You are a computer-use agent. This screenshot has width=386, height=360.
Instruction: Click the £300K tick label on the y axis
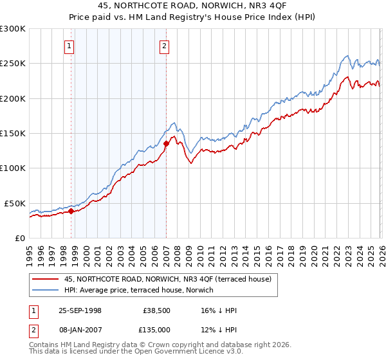click(13, 29)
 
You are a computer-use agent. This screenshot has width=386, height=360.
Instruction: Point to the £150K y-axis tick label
click(13, 134)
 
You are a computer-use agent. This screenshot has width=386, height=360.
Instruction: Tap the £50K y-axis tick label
click(15, 203)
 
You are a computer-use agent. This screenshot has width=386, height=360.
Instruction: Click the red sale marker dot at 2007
click(166, 144)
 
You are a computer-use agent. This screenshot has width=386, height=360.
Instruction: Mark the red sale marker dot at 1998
click(71, 211)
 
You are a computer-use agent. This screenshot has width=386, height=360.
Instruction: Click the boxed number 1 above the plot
click(69, 45)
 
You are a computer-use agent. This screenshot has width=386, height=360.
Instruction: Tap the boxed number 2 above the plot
click(165, 45)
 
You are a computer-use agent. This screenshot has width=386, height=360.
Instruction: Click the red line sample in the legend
click(46, 279)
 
